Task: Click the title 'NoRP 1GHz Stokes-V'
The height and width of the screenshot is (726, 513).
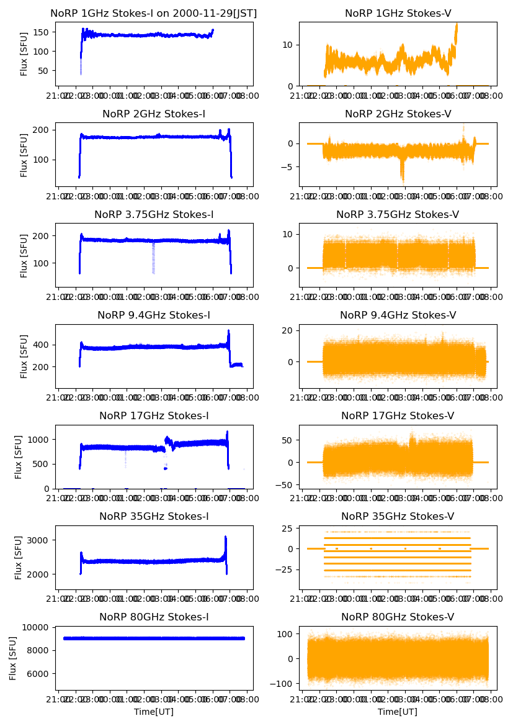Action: (x=398, y=13)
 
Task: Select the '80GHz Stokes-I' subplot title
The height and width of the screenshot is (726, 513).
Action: (x=154, y=617)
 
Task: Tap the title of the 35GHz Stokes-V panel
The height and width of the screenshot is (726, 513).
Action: (x=398, y=516)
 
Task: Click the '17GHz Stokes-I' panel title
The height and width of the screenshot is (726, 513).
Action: (x=154, y=415)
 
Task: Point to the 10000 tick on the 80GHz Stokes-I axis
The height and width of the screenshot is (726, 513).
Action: (x=38, y=627)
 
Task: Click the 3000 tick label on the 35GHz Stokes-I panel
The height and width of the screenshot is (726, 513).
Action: (x=40, y=540)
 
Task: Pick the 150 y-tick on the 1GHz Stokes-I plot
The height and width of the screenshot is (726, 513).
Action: (x=43, y=32)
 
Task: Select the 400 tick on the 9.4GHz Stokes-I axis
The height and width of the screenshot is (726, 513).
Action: (x=43, y=345)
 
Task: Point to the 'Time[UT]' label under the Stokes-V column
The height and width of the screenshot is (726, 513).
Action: (x=398, y=712)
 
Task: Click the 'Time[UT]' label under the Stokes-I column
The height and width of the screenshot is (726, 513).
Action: (x=154, y=712)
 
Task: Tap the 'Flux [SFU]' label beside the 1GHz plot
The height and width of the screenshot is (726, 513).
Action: (x=24, y=55)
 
